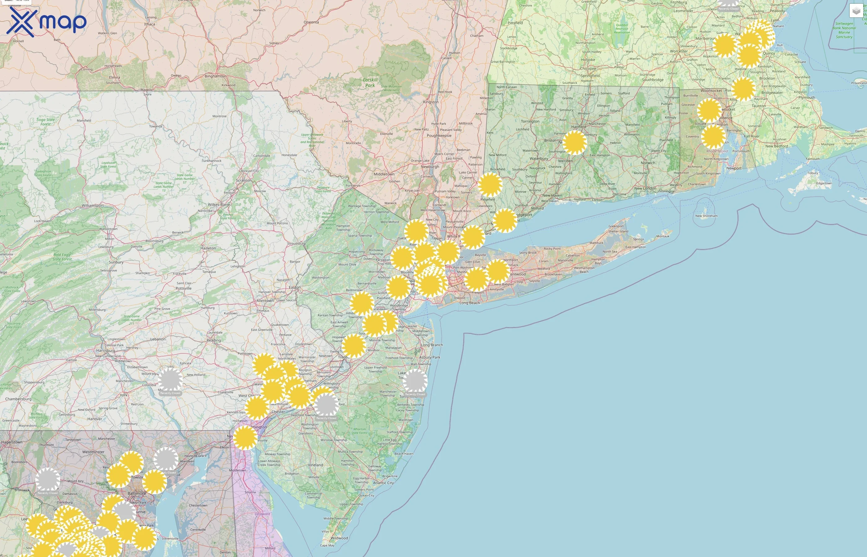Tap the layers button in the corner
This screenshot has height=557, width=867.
click(x=856, y=11)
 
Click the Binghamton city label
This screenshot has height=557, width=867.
click(x=215, y=76)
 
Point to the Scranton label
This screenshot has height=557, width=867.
click(x=243, y=180)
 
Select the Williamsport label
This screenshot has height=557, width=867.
click(x=93, y=205)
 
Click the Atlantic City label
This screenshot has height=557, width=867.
click(x=383, y=483)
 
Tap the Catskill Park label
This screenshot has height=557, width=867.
click(x=370, y=82)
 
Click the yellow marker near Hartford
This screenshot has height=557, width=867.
click(x=574, y=143)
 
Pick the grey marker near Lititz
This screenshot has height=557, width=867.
click(x=170, y=380)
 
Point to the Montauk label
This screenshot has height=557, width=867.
click(x=663, y=236)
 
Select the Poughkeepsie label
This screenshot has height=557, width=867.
click(x=439, y=136)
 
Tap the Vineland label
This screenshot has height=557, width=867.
click(x=316, y=465)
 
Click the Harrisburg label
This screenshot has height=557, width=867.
click(x=105, y=351)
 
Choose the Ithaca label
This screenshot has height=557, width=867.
click(x=150, y=24)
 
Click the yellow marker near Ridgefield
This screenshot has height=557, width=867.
click(x=490, y=184)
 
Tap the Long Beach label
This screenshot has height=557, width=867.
click(x=469, y=303)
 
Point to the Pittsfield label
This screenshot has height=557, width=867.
click(x=515, y=23)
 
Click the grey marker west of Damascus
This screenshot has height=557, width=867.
click(x=47, y=480)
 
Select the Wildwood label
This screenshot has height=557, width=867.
click(x=339, y=538)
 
